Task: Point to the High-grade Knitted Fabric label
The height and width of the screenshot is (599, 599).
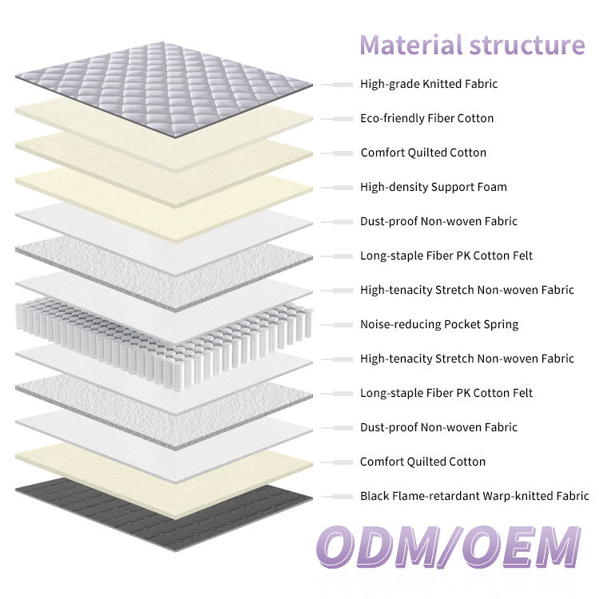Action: coord(429,84)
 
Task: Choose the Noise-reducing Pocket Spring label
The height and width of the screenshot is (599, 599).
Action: coord(439,324)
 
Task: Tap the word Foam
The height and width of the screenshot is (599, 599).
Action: coord(491,187)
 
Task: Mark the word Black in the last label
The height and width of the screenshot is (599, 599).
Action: coord(375,496)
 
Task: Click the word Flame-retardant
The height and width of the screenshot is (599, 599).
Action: coord(436,496)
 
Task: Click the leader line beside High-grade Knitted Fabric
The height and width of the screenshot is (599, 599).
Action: coord(337,84)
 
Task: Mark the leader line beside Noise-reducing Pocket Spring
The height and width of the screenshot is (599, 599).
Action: coord(337,324)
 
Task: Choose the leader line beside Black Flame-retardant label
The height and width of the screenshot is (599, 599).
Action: coord(337,496)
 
